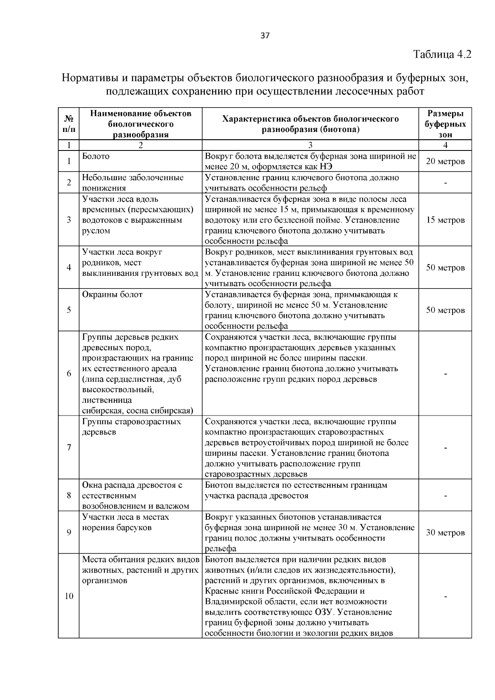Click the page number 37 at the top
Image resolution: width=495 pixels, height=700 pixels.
click(265, 36)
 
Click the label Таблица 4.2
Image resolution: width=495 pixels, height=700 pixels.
click(442, 54)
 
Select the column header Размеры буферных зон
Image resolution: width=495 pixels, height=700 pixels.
click(445, 124)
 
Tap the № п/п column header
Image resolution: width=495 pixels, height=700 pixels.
click(68, 124)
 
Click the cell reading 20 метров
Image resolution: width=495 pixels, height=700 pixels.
click(445, 161)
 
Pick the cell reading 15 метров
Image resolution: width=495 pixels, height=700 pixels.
click(445, 220)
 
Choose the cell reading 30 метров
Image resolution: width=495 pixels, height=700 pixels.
click(445, 533)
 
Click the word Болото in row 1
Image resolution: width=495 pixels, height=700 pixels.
click(96, 156)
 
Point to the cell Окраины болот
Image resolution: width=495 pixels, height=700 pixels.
click(112, 295)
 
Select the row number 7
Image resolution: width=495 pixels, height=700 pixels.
click(69, 447)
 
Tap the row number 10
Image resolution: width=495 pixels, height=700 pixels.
click(69, 596)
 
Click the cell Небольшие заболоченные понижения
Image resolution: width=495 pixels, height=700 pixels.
click(132, 183)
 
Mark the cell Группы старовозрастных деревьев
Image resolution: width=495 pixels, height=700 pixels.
click(131, 427)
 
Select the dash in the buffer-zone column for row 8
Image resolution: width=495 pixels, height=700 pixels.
click(445, 496)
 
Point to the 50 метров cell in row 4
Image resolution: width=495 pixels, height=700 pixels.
click(445, 268)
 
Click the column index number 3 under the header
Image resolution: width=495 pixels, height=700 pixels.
click(310, 145)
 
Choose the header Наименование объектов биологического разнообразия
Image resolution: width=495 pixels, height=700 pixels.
click(140, 124)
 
